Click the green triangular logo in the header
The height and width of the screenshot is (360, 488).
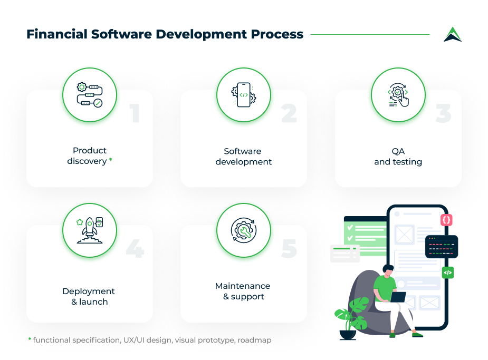452,34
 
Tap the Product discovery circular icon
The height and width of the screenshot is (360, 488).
89,95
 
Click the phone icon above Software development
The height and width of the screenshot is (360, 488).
244,95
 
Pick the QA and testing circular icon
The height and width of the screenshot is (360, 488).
398,95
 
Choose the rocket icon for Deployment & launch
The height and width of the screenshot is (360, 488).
89,230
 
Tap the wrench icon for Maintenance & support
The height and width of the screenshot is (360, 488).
244,230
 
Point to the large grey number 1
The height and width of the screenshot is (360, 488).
136,113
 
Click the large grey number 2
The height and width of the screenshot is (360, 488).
289,113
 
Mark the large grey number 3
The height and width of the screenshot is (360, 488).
443,113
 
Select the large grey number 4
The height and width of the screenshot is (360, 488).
135,249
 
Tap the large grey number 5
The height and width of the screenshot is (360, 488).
289,249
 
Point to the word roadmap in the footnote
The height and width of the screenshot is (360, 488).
254,340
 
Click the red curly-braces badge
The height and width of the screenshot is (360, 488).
446,220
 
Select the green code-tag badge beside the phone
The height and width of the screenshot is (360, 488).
447,273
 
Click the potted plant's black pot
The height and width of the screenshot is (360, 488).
348,334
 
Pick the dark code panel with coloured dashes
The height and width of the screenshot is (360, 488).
442,246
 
